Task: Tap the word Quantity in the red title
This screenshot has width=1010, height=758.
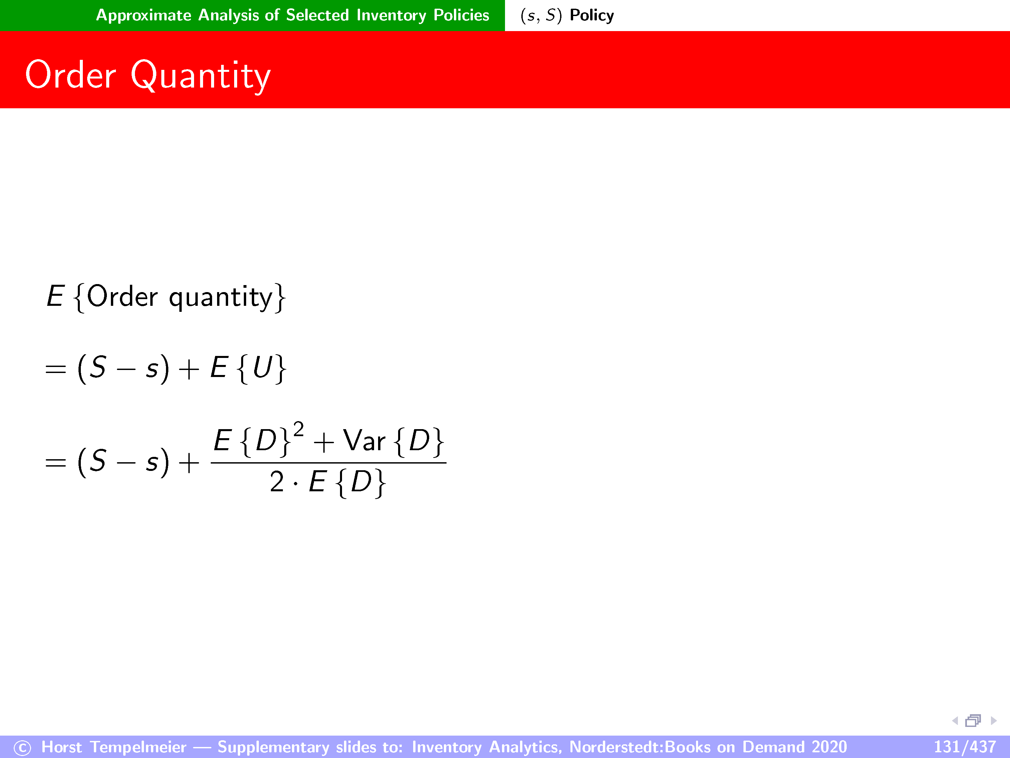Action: [x=201, y=77]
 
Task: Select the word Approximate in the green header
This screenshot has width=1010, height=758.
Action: [x=143, y=15]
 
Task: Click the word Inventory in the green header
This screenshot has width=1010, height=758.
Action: [x=391, y=15]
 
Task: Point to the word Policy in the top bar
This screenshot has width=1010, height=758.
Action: [x=592, y=15]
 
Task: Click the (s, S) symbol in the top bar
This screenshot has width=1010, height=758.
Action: [x=541, y=15]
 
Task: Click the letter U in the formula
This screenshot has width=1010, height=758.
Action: [x=263, y=367]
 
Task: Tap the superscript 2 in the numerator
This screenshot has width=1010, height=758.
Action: [x=299, y=429]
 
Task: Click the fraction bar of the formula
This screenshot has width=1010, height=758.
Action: [x=329, y=463]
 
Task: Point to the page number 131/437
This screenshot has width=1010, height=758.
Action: [x=964, y=747]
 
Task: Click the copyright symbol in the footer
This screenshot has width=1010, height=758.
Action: [x=22, y=748]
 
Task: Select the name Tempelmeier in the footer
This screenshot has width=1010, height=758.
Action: [x=138, y=747]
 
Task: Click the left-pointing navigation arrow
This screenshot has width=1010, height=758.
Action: [x=955, y=721]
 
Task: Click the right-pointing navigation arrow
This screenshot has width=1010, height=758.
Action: [x=994, y=721]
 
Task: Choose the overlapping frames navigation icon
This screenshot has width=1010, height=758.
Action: [x=973, y=721]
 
